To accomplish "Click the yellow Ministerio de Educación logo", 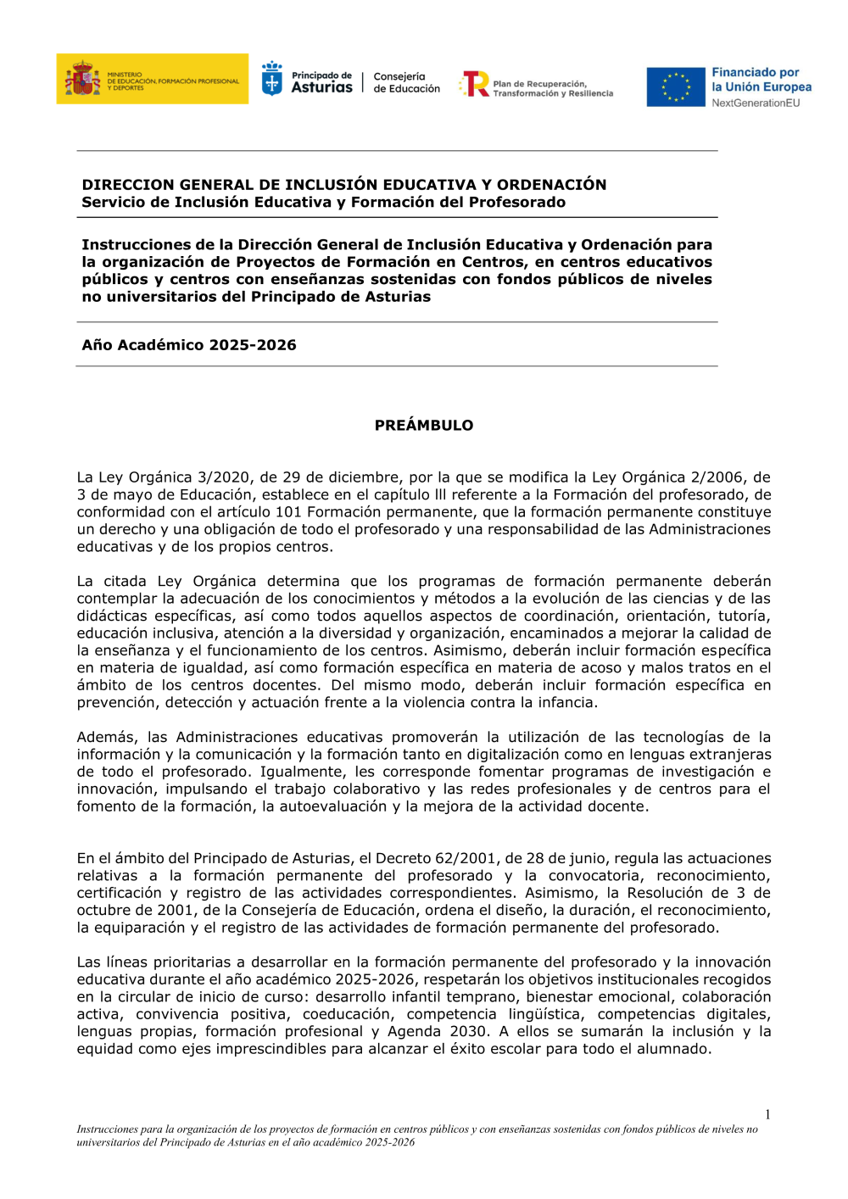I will [153, 79].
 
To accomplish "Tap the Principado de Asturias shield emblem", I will [272, 80].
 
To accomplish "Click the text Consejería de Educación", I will [406, 82].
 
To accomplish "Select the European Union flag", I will [676, 87].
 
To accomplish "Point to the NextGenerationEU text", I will [756, 103].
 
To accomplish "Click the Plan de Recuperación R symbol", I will [475, 84].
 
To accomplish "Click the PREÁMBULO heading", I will [424, 426].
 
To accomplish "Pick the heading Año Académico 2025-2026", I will [189, 345].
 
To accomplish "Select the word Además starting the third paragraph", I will [107, 738].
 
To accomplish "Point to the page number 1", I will [767, 1115].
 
